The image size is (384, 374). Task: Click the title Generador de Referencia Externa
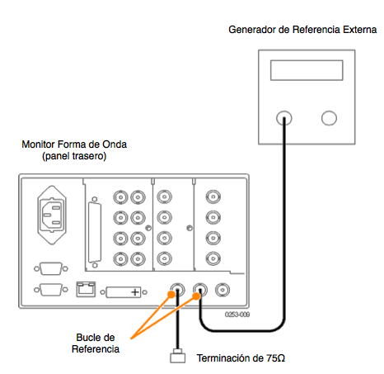[x=302, y=30]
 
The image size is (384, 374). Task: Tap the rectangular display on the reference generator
[x=307, y=70]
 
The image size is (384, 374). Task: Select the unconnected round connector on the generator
[x=329, y=118]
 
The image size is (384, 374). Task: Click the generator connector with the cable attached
[x=284, y=118]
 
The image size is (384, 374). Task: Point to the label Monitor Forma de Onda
[x=74, y=144]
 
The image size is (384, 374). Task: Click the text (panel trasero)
[x=74, y=156]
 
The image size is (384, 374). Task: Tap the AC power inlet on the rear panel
[x=52, y=215]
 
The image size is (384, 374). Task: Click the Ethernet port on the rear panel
[x=86, y=289]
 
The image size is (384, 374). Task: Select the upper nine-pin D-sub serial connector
[x=51, y=268]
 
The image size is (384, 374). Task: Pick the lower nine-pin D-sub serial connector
[x=51, y=290]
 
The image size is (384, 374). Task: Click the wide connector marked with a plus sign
[x=124, y=292]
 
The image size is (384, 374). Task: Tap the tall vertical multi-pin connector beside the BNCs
[x=95, y=232]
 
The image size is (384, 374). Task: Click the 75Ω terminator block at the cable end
[x=177, y=357]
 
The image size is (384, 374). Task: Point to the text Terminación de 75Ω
[x=241, y=358]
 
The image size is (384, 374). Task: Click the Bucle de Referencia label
[x=96, y=343]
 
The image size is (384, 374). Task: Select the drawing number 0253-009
[x=237, y=315]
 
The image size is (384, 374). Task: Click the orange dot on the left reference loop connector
[x=171, y=295]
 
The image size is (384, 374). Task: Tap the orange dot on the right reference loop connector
[x=196, y=296]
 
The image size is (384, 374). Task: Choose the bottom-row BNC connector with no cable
[x=222, y=290]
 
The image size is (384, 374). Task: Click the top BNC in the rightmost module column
[x=213, y=197]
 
